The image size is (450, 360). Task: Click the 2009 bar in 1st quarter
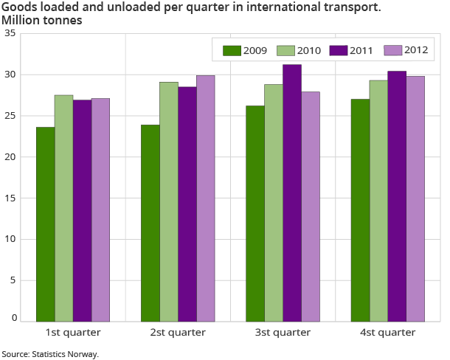point(45,224)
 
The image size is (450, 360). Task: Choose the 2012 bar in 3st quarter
point(311,207)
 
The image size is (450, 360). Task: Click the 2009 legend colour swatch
point(232,51)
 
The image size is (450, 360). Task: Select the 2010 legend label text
point(308,51)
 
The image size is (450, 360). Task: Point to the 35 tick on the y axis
point(10,34)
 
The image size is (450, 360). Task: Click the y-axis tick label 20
point(10,157)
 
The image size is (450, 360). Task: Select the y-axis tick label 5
point(13,280)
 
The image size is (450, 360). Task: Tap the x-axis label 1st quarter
point(73,332)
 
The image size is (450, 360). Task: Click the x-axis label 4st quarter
point(387,332)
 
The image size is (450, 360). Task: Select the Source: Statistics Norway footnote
point(50,354)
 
